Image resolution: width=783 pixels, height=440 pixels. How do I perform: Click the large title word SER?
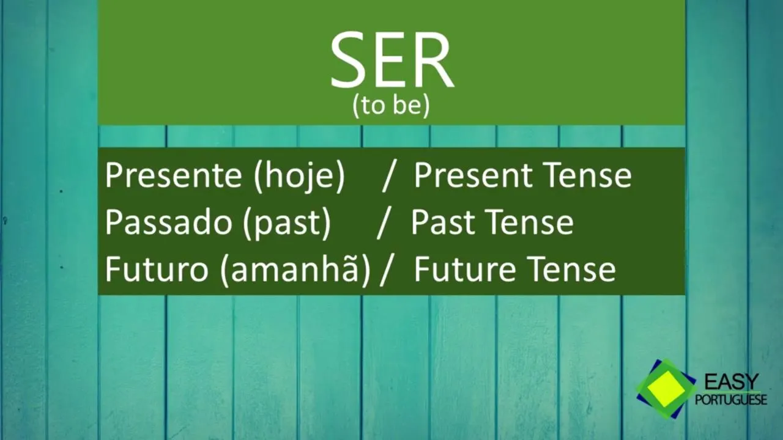click(391, 60)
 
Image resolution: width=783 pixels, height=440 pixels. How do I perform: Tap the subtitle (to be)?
click(391, 106)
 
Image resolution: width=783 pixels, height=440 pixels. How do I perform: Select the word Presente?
click(174, 175)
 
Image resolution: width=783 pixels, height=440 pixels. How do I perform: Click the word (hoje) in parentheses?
click(300, 177)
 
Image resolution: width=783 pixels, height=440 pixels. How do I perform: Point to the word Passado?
click(168, 222)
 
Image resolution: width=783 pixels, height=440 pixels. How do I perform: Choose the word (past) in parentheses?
click(287, 224)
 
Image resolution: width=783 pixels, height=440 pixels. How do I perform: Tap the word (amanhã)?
click(295, 270)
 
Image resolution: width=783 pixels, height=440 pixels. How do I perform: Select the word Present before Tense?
click(475, 175)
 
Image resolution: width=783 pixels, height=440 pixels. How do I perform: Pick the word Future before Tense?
click(466, 269)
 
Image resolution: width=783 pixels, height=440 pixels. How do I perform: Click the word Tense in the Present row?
click(589, 175)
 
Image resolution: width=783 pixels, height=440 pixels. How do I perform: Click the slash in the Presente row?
click(389, 177)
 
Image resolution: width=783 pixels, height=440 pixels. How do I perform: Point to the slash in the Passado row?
click(384, 224)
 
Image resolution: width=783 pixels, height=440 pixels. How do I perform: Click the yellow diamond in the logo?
click(666, 389)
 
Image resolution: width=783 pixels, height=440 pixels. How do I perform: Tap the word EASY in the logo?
click(732, 382)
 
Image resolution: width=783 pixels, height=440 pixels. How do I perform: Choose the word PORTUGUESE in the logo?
click(731, 399)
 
